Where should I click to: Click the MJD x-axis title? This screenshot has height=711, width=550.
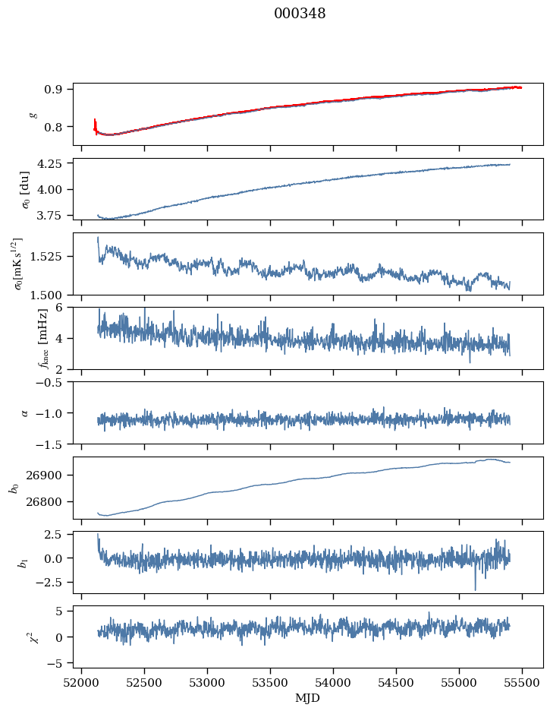tap(308, 697)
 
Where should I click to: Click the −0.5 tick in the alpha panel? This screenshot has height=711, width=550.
tap(52, 382)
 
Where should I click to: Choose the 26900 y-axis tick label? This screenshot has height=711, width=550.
tap(48, 476)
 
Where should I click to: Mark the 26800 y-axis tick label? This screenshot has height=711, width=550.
tap(48, 502)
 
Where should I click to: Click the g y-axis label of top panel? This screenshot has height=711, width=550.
tap(33, 114)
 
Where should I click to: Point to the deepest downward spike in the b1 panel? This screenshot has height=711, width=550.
tap(476, 589)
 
